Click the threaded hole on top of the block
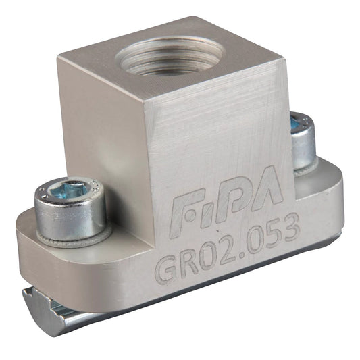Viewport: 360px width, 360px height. pyautogui.click(x=170, y=55)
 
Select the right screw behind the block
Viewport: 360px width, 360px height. pyautogui.click(x=303, y=140)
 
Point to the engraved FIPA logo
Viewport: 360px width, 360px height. pyautogui.click(x=228, y=199)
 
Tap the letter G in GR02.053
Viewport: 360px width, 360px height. pyautogui.click(x=167, y=271)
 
